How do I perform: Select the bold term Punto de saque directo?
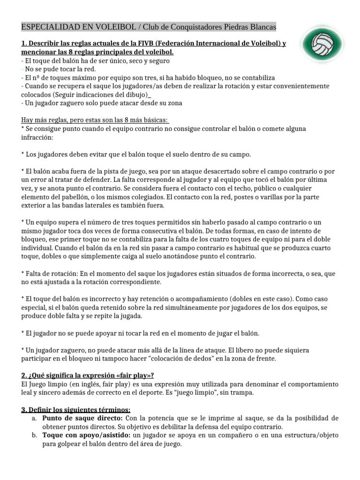[82, 418]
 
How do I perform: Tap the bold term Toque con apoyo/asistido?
[86, 435]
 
